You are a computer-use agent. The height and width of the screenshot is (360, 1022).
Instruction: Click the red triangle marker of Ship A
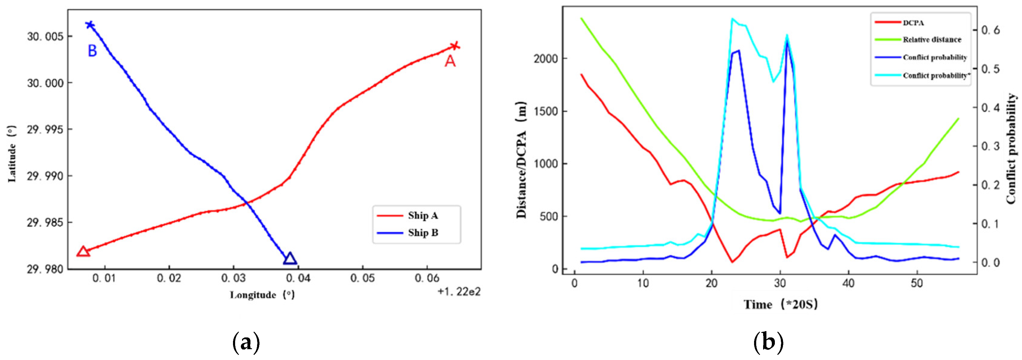pos(83,251)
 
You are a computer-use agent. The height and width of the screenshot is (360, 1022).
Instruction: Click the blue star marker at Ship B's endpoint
pos(90,25)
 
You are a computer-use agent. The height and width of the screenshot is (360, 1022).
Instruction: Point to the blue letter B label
pos(92,51)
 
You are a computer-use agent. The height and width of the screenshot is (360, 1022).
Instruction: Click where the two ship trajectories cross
pos(246,203)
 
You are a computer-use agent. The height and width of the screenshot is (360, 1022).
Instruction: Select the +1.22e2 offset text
pos(459,292)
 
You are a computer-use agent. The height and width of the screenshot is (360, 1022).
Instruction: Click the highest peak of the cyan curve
pos(732,18)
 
